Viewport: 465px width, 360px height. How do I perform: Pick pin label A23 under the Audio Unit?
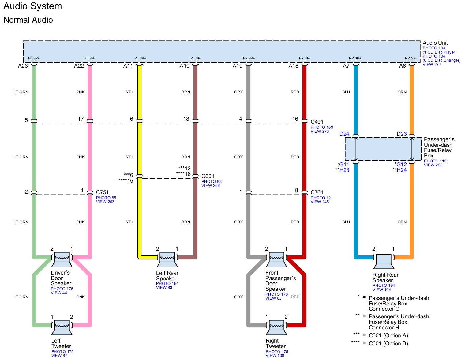(x=23, y=66)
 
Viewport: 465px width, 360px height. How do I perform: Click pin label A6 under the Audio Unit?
(x=402, y=66)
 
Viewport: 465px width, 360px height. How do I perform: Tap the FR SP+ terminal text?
(x=249, y=58)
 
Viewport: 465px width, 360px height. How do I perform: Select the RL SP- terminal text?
(x=196, y=58)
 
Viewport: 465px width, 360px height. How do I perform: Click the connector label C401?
(x=317, y=122)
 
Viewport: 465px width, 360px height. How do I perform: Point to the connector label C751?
(x=102, y=192)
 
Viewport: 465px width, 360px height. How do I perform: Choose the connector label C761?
(x=317, y=192)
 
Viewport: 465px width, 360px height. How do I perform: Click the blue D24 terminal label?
(x=344, y=134)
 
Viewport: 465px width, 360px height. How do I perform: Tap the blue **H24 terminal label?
(x=399, y=170)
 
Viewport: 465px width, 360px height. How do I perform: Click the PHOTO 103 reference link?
(x=434, y=48)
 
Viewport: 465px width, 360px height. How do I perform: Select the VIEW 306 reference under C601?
(x=210, y=186)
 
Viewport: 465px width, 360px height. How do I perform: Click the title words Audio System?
(x=32, y=6)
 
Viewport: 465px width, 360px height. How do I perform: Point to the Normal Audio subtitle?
(x=28, y=20)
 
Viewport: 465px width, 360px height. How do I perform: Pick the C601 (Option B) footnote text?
(x=388, y=343)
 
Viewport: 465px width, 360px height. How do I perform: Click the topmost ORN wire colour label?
(x=402, y=92)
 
